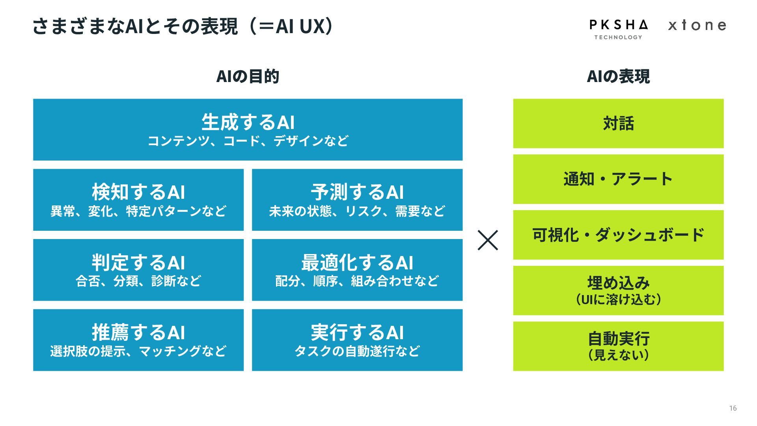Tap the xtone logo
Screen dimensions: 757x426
tap(697, 26)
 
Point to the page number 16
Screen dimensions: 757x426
tap(733, 408)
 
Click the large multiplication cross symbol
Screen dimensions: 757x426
tap(488, 240)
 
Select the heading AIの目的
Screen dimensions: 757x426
tap(248, 77)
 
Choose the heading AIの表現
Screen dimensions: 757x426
tap(618, 77)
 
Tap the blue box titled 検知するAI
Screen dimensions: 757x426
tap(138, 200)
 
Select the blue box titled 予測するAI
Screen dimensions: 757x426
tap(357, 200)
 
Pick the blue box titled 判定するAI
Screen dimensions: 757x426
tap(138, 270)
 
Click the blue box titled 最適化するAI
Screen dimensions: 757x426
tap(357, 270)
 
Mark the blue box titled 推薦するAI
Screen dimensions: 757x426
tap(138, 340)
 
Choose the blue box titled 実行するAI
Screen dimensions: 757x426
tap(357, 340)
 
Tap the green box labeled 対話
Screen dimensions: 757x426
tap(618, 123)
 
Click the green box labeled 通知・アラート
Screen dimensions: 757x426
tap(618, 179)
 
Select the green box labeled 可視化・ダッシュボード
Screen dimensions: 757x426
tap(618, 235)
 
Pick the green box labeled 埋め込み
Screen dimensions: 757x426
tap(618, 290)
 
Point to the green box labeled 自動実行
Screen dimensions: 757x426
tap(618, 346)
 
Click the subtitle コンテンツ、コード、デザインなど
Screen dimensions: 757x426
tap(248, 141)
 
